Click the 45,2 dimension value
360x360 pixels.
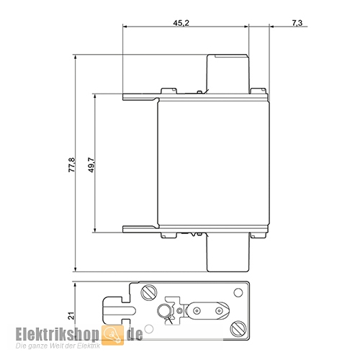[x=181, y=23]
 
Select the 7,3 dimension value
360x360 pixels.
[x=297, y=23]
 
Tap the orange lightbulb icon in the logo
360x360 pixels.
[x=113, y=333]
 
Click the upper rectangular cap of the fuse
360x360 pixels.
[x=229, y=73]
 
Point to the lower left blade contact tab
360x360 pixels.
[x=140, y=230]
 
